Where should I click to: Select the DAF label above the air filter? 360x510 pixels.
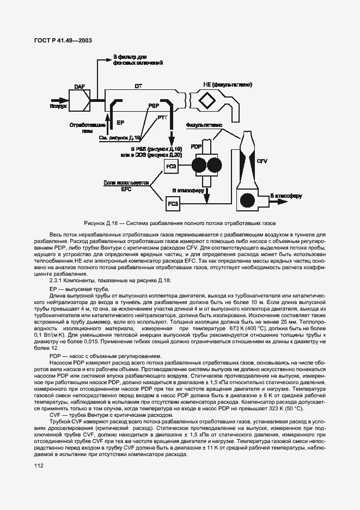pyautogui.click(x=80, y=86)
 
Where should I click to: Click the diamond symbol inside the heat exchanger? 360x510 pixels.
pyautogui.click(x=207, y=101)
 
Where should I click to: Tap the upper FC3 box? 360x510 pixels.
pyautogui.click(x=172, y=166)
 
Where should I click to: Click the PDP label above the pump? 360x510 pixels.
pyautogui.click(x=197, y=147)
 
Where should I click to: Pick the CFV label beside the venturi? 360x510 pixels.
pyautogui.click(x=262, y=161)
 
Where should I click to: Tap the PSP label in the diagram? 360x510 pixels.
pyautogui.click(x=154, y=106)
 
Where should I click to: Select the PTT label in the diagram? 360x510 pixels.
pyautogui.click(x=162, y=117)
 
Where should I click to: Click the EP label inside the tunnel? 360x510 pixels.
pyautogui.click(x=121, y=124)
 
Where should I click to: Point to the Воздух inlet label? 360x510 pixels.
pyautogui.click(x=58, y=107)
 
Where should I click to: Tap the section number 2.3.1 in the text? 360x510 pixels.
pyautogui.click(x=58, y=280)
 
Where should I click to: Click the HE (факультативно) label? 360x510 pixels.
pyautogui.click(x=227, y=85)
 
